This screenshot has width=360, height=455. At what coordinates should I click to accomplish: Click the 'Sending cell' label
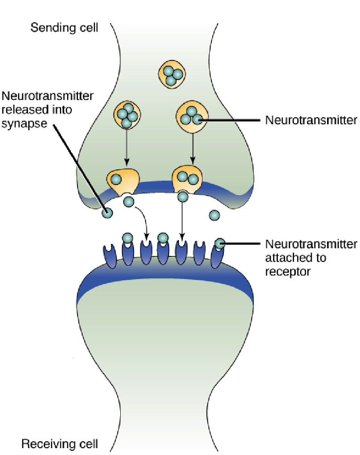[64, 28]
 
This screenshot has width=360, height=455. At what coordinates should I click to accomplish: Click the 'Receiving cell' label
[60, 443]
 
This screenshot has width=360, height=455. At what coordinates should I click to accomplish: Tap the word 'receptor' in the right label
[287, 271]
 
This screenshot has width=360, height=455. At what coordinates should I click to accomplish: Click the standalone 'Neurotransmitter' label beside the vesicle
[311, 120]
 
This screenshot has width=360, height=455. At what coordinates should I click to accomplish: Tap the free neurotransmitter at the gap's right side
[214, 215]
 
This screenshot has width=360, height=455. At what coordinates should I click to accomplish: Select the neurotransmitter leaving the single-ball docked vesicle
[128, 201]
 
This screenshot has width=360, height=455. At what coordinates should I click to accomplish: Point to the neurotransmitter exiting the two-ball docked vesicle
[183, 197]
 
